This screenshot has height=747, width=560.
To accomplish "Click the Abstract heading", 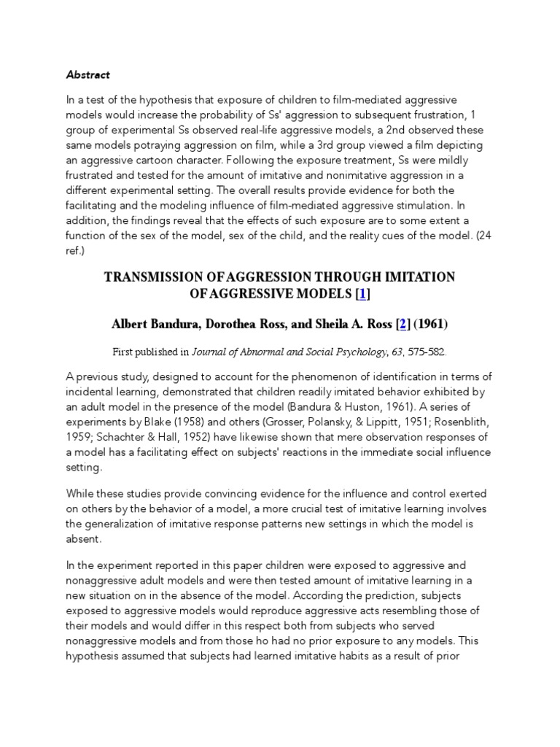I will [x=88, y=74].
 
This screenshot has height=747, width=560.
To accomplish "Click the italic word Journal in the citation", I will [x=210, y=352].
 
